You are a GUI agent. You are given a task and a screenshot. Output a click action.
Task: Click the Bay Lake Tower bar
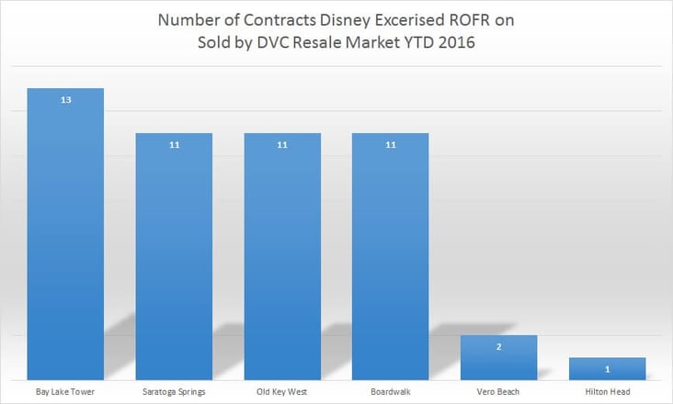(65, 234)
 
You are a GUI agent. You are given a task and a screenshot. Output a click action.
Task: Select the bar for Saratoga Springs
(174, 257)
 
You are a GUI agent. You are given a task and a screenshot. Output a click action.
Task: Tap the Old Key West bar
(282, 257)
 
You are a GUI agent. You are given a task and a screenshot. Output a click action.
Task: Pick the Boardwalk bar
(391, 257)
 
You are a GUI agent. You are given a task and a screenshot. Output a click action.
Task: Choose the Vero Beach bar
(498, 358)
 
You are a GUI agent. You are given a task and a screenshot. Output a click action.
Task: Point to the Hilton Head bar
(607, 369)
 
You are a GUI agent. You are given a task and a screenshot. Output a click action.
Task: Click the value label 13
(65, 99)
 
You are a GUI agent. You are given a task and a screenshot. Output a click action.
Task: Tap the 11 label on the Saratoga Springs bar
(174, 145)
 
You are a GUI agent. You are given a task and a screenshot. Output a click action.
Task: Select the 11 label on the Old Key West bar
(282, 145)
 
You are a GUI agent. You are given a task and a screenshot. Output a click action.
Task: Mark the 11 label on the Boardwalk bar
(391, 145)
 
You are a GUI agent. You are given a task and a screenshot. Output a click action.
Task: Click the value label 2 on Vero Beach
(498, 346)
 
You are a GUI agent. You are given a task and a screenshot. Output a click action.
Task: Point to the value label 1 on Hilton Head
(607, 368)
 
